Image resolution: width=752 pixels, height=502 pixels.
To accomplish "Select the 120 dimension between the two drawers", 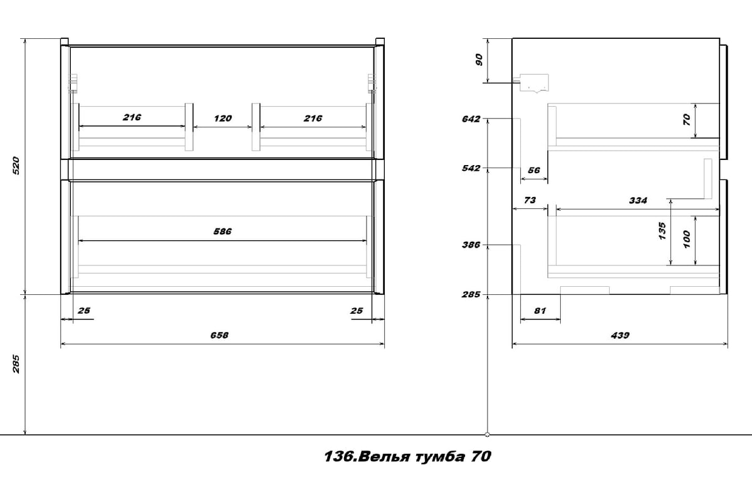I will pos(222,118).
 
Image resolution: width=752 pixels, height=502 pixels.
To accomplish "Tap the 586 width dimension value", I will pos(222,232).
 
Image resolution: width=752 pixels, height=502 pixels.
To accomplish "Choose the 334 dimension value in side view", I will pos(637,200).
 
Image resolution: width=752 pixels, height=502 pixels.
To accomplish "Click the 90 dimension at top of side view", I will pos(479,60).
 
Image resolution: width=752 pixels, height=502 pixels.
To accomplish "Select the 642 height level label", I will pos(471,119).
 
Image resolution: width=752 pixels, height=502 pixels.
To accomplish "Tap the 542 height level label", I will pos(471,168).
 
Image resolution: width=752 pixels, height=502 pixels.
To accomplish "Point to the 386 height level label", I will pos(471,245).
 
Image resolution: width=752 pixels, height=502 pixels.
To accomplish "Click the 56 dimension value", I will pos(534,170).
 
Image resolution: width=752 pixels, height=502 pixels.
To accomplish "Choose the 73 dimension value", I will pos(529,200).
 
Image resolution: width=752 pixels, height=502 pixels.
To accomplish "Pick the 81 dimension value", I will pos(540,310).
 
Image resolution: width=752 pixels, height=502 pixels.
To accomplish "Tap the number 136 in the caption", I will pos(337,457).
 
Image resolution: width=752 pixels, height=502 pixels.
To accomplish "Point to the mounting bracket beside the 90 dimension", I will pos(533,82).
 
